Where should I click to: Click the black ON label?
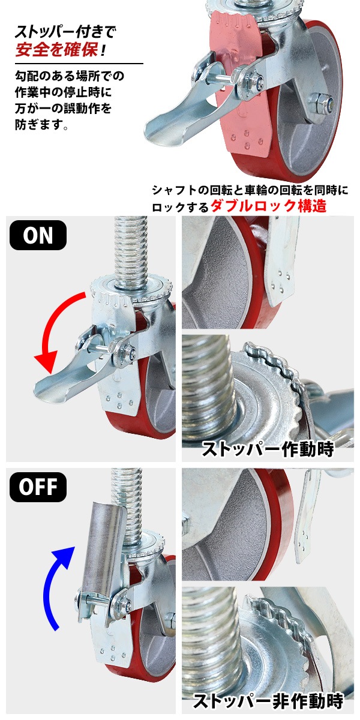click(x=38, y=235)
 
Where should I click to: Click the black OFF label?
click(x=38, y=487)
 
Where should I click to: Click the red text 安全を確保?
click(x=56, y=50)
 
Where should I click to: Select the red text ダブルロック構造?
click(x=268, y=206)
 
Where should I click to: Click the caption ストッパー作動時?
click(x=268, y=449)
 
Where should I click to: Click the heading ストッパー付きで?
click(x=65, y=31)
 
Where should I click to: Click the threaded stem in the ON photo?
click(x=130, y=251)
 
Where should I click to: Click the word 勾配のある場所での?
click(x=70, y=76)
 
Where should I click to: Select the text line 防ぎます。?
click(x=42, y=124)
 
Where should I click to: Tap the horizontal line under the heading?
click(x=79, y=64)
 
